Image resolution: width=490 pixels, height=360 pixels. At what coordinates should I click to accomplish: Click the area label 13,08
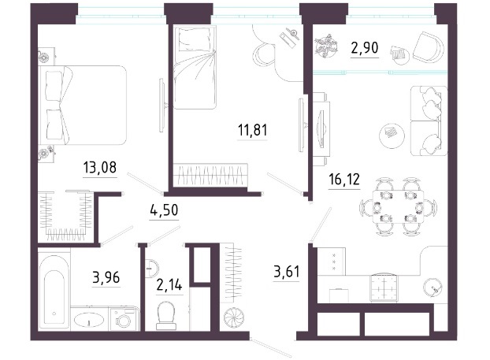tap(100, 168)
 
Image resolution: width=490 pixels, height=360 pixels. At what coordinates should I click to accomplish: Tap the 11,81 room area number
tap(253, 130)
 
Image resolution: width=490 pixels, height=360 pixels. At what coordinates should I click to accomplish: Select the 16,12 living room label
tap(344, 180)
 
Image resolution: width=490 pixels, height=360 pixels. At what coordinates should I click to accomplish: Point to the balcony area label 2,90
tap(365, 48)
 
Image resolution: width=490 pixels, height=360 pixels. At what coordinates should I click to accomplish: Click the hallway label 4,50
tap(164, 210)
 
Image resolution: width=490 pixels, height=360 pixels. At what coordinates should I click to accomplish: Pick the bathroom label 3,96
tap(106, 277)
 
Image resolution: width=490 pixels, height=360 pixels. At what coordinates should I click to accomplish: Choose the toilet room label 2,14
tap(169, 285)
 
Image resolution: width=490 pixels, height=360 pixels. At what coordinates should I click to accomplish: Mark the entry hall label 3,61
tap(287, 272)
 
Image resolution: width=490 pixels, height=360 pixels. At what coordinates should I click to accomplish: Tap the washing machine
tap(124, 319)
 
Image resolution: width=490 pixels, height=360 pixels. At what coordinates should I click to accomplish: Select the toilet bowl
tap(166, 316)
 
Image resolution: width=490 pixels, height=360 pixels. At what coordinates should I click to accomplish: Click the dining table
tap(398, 207)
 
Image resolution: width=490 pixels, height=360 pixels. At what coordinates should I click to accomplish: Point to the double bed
tap(83, 105)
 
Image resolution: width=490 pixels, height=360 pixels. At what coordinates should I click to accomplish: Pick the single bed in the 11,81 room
tap(195, 68)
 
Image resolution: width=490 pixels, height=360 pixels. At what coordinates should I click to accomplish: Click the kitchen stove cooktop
tap(384, 288)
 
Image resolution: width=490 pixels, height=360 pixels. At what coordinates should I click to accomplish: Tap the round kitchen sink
tap(433, 287)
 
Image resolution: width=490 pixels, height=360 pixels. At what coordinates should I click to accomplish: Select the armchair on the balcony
tap(429, 47)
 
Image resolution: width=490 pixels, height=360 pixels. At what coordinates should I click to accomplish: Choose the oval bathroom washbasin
tap(89, 321)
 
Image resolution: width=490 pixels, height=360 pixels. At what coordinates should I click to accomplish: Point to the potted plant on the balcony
tap(326, 47)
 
